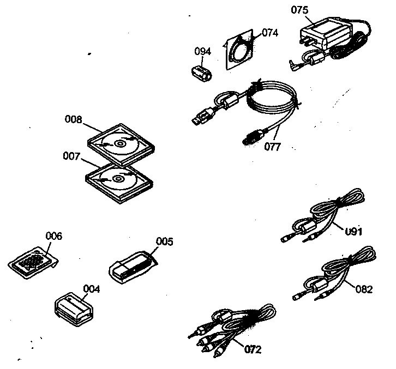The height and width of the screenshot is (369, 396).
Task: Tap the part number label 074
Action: point(269,33)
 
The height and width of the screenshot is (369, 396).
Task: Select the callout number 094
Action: point(203,51)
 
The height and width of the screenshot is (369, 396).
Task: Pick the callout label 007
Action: point(72,156)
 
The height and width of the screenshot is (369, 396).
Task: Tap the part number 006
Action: point(53,236)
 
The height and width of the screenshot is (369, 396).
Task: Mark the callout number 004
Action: point(91,289)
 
